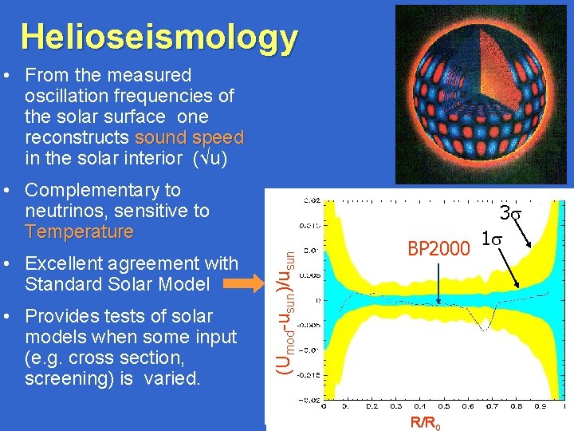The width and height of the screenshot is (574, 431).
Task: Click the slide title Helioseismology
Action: click(159, 37)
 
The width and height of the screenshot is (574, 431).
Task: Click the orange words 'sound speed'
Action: click(189, 137)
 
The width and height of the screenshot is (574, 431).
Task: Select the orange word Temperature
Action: click(79, 232)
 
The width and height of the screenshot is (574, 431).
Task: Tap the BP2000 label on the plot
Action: click(438, 250)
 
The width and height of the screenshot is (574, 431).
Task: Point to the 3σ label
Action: click(509, 214)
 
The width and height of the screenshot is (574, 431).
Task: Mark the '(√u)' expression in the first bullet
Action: click(207, 158)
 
